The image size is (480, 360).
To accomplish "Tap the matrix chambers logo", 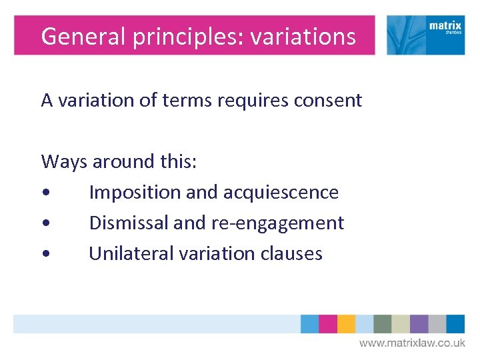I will click(425, 35).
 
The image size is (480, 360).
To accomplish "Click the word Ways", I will click(64, 161).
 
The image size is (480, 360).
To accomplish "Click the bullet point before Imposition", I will click(45, 193).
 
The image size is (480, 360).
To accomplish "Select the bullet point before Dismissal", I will click(45, 224).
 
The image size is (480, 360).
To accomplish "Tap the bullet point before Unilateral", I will click(45, 255).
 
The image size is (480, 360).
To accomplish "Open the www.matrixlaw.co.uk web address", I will click(412, 343).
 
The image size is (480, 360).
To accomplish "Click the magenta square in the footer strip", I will click(328, 324).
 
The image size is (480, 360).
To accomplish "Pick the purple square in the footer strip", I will click(419, 324).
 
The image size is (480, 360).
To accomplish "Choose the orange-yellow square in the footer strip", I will click(346, 324).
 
